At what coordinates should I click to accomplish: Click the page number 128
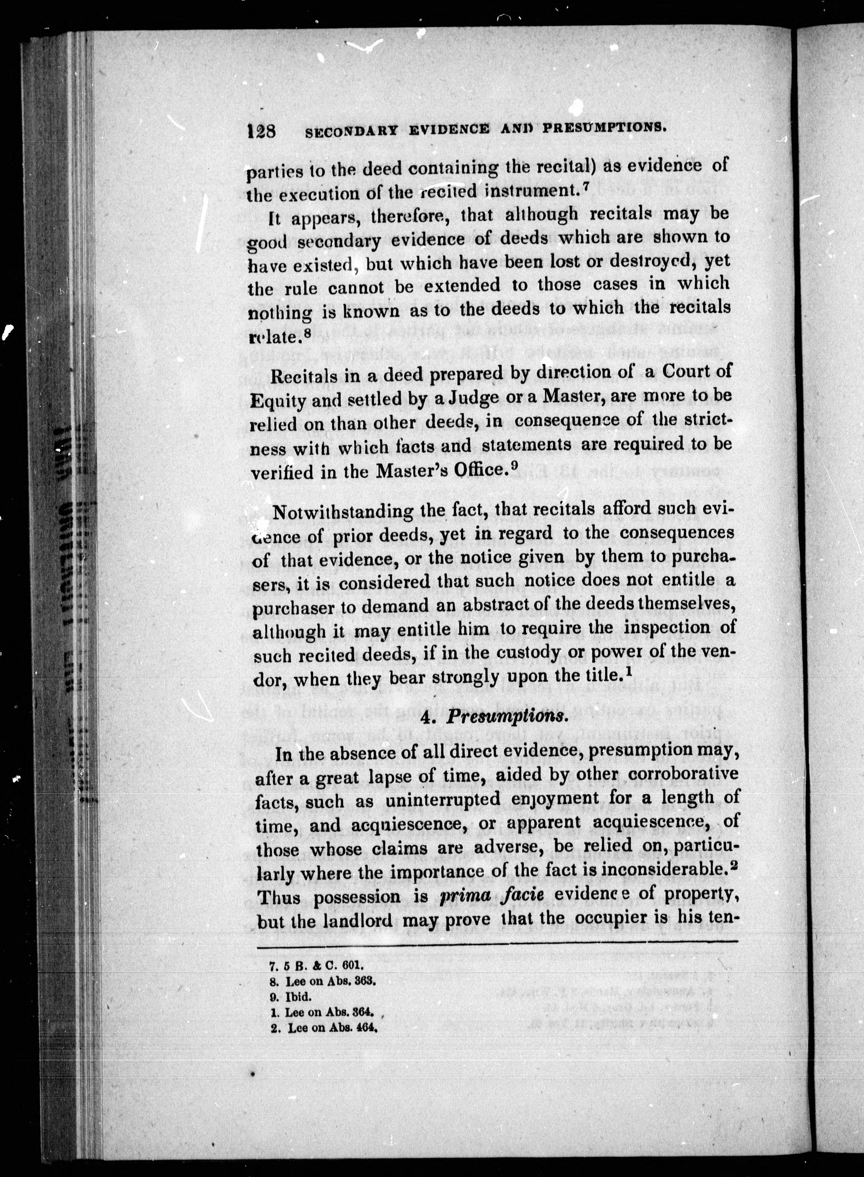[x=261, y=130]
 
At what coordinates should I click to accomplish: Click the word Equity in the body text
[x=278, y=401]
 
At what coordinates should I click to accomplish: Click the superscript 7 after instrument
[x=585, y=189]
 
